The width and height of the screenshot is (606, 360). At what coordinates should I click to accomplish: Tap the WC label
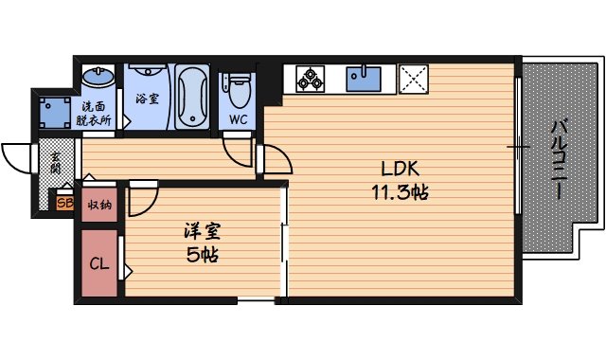(238, 120)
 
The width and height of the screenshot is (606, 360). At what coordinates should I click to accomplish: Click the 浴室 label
(146, 99)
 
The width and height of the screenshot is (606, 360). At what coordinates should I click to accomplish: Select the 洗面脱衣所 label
(96, 113)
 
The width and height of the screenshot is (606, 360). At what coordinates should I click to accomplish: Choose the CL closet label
(98, 264)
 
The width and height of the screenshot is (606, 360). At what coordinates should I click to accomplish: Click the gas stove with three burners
(311, 78)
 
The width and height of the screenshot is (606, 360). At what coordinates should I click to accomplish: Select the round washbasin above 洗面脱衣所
(95, 76)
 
